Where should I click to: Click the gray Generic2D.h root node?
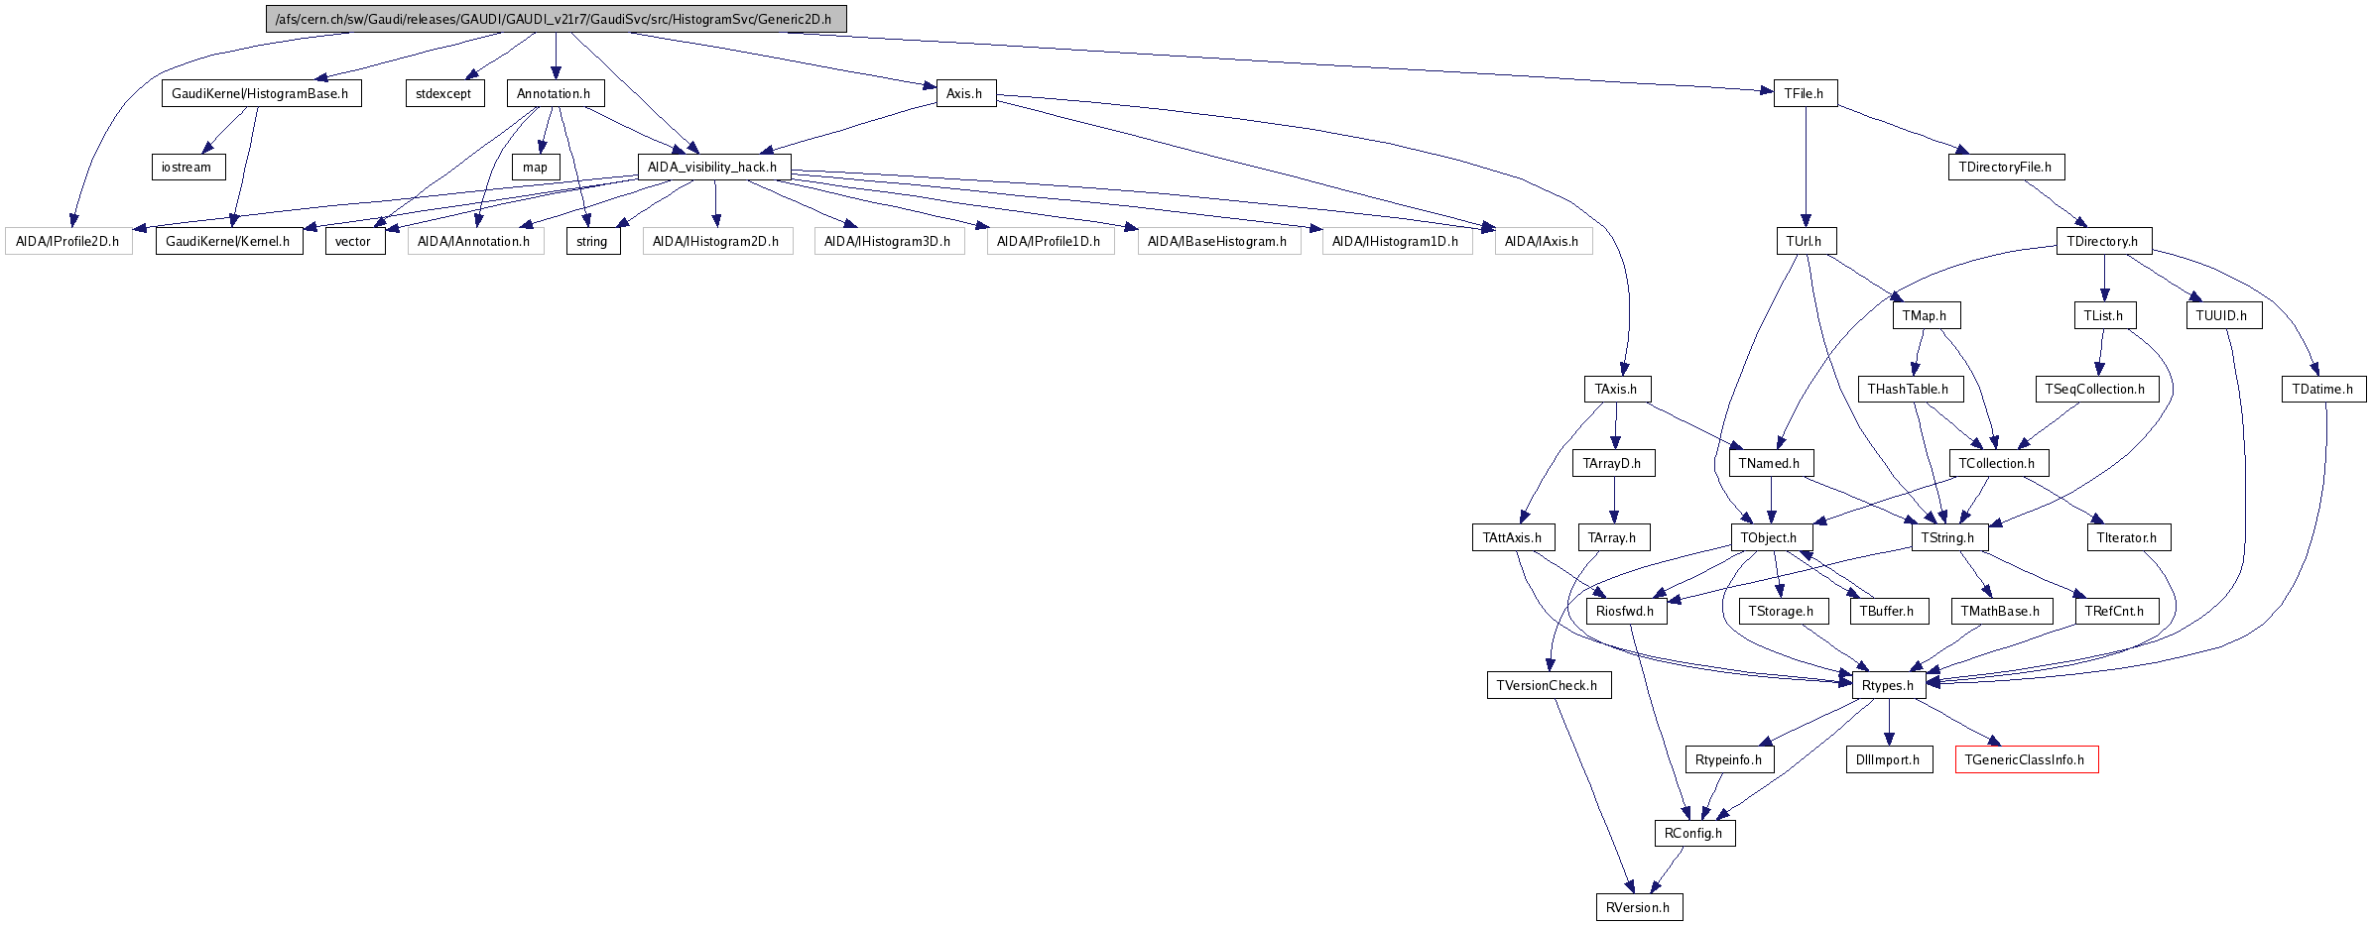coord(556,19)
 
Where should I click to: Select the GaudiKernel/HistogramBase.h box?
coord(261,93)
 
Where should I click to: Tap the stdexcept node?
coord(444,93)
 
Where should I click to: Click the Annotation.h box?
coord(555,93)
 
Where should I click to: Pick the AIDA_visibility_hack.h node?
coord(713,167)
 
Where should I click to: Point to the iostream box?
coord(187,167)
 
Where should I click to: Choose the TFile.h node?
coord(1805,93)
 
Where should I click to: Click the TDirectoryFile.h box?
coord(2006,167)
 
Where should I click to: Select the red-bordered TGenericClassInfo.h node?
coord(2026,759)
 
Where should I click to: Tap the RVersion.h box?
coord(1639,907)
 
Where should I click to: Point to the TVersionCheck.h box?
coord(1548,685)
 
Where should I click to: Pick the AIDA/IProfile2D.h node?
coord(68,241)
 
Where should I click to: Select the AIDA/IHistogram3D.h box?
coord(888,241)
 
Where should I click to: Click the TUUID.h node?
coord(2222,315)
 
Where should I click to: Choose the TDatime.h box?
coord(2322,389)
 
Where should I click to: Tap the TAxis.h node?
coord(1616,389)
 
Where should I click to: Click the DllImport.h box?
coord(1889,759)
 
